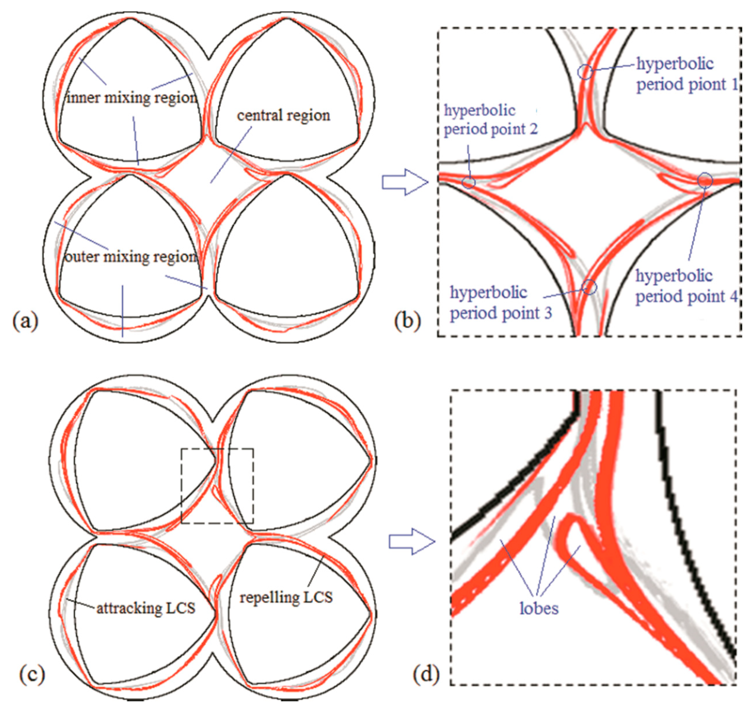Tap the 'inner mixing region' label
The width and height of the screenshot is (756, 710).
tap(132, 98)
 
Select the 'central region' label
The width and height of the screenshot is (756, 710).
tap(284, 115)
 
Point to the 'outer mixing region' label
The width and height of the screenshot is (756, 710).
tap(131, 257)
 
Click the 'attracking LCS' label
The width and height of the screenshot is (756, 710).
tap(146, 608)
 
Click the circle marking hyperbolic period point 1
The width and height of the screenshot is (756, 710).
tap(586, 71)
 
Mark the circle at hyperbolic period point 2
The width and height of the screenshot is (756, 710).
tap(469, 182)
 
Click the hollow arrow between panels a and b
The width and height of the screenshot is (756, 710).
tap(405, 182)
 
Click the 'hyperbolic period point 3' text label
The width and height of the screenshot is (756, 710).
tap(501, 303)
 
